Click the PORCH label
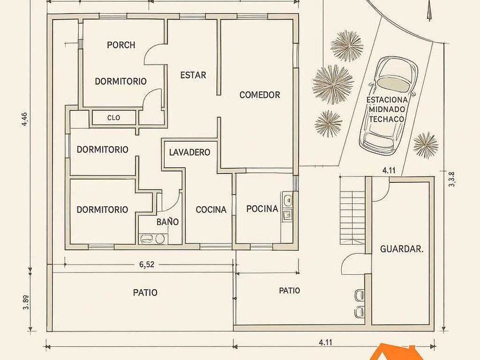coord(121,45)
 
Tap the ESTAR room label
coord(193,75)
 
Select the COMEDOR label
coord(259,95)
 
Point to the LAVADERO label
coord(190,152)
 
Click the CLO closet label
coord(114,118)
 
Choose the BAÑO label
coord(167,221)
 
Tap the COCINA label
coord(211,209)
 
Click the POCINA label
coord(262,209)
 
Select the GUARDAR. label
coord(402,249)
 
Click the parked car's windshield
coord(394,83)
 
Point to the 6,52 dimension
coord(147,264)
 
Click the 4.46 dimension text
coord(25,119)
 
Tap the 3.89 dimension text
coord(26,302)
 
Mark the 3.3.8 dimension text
coord(451,179)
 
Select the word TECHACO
coord(386,119)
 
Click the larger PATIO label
coord(145,293)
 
